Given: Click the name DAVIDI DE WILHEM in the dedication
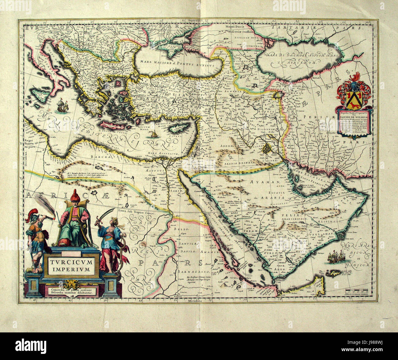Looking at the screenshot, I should [x=355, y=116].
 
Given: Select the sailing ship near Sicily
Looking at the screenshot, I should [x=62, y=105].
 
